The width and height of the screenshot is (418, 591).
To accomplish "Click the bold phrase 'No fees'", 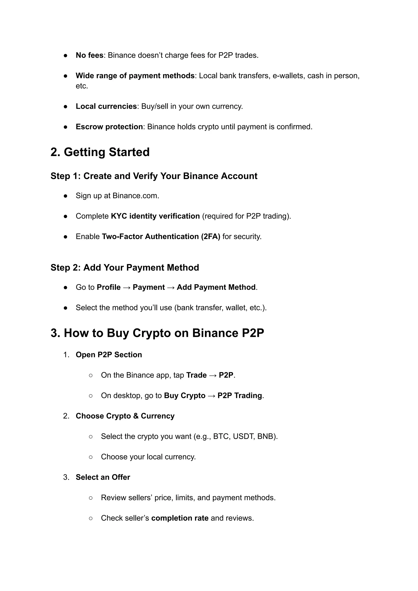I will coord(89,55).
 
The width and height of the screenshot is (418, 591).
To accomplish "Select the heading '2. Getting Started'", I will coord(100,152).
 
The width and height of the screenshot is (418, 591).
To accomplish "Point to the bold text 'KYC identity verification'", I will coord(155,216).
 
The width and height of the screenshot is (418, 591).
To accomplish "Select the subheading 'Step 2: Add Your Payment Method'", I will coord(125,267).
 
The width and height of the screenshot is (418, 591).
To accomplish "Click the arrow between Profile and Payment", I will coord(127,287).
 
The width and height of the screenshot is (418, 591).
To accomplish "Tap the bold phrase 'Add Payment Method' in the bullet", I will coord(216,287).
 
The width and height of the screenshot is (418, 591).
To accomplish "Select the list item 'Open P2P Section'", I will coord(109,355).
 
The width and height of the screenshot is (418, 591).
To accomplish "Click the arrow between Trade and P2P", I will coord(213,375).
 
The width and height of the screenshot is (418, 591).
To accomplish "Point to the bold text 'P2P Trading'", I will coord(240,396).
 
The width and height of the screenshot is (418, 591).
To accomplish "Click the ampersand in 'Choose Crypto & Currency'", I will coord(136,416).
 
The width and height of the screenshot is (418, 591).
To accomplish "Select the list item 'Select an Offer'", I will coord(103,477).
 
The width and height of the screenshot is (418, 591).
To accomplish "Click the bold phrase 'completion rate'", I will coord(180,518).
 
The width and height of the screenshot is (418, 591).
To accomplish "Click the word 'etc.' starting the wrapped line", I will coord(82,86).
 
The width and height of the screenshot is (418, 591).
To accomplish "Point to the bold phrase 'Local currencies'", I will coord(106,106).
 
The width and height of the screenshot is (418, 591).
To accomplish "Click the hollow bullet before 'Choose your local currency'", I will coord(91,457).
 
